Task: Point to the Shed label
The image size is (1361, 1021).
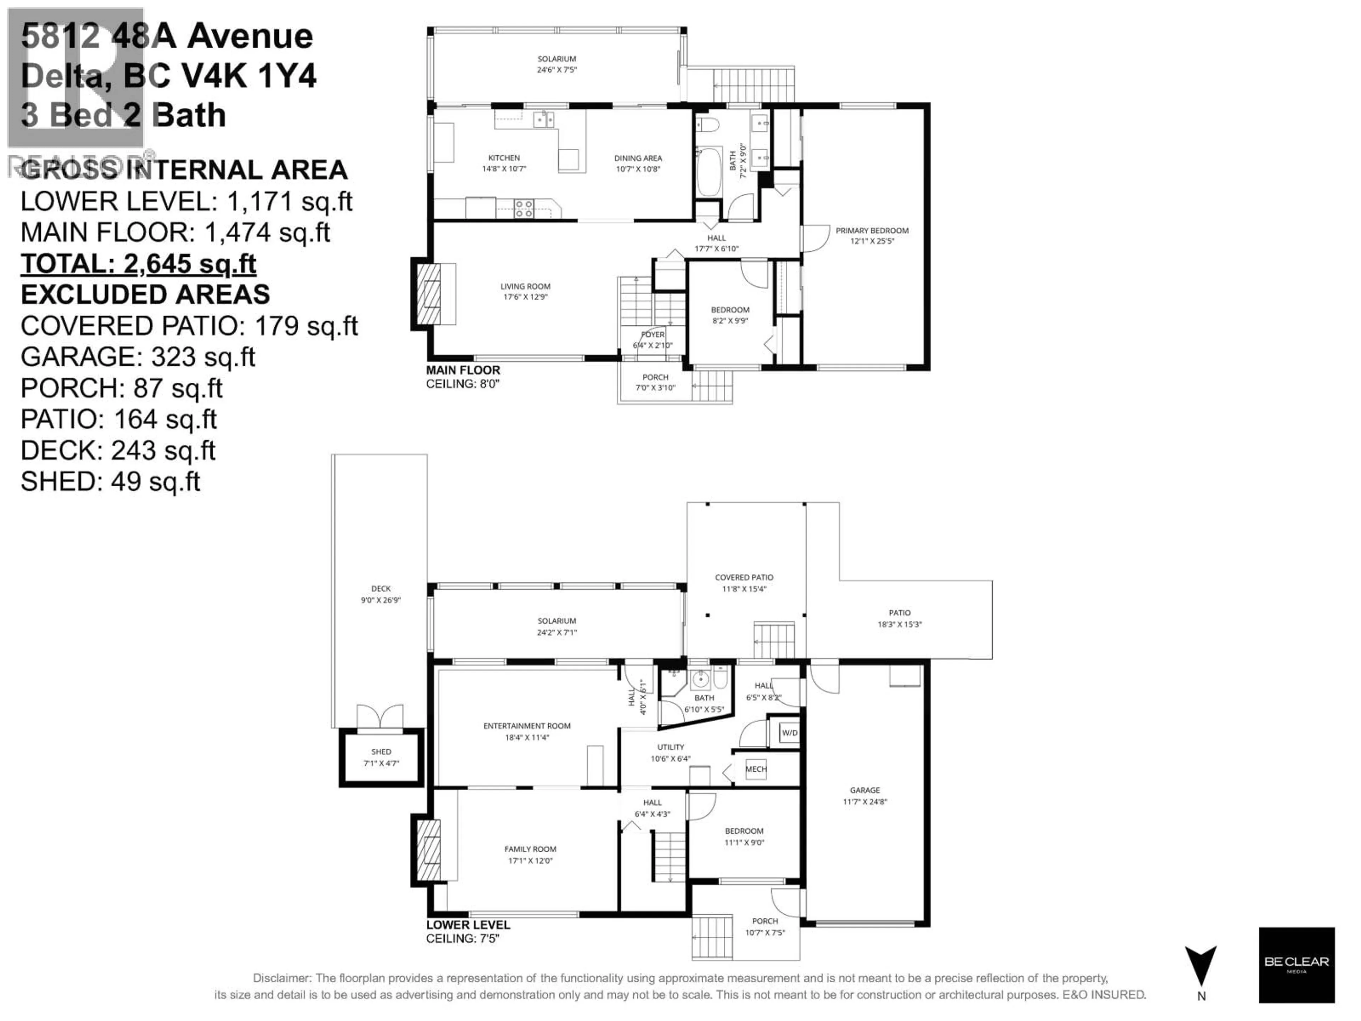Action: [x=381, y=752]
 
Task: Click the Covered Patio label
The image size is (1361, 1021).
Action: [x=744, y=577]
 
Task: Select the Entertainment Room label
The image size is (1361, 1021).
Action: [x=527, y=726]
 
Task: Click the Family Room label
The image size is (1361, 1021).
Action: [x=530, y=849]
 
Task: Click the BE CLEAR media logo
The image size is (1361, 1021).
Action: [x=1296, y=964]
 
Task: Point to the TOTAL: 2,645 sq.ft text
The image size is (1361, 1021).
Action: [x=139, y=264]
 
